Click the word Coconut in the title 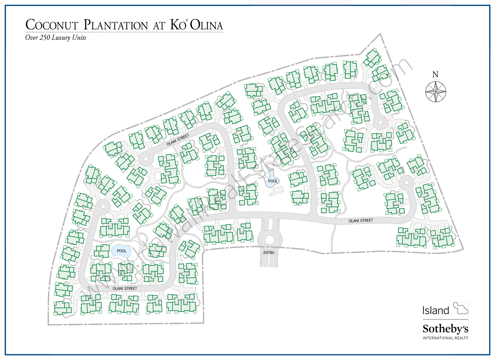pyautogui.click(x=52, y=25)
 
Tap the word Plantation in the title pyautogui.click(x=116, y=25)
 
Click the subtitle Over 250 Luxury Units pyautogui.click(x=56, y=38)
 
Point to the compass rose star pyautogui.click(x=436, y=92)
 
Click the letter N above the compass pyautogui.click(x=435, y=75)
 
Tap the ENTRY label pyautogui.click(x=269, y=253)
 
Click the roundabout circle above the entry pyautogui.click(x=269, y=240)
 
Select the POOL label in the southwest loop pyautogui.click(x=121, y=251)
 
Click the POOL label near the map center pyautogui.click(x=273, y=181)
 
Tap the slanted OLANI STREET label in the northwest pyautogui.click(x=178, y=139)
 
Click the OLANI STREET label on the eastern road pyautogui.click(x=361, y=221)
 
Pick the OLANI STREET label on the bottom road pyautogui.click(x=125, y=289)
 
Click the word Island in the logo pyautogui.click(x=436, y=311)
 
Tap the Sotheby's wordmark pyautogui.click(x=445, y=329)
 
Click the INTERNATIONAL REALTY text pyautogui.click(x=445, y=338)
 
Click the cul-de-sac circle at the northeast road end pyautogui.click(x=380, y=122)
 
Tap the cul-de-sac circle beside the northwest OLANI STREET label pyautogui.click(x=146, y=159)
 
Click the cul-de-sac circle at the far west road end pyautogui.click(x=103, y=206)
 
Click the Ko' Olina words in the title pyautogui.click(x=196, y=25)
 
